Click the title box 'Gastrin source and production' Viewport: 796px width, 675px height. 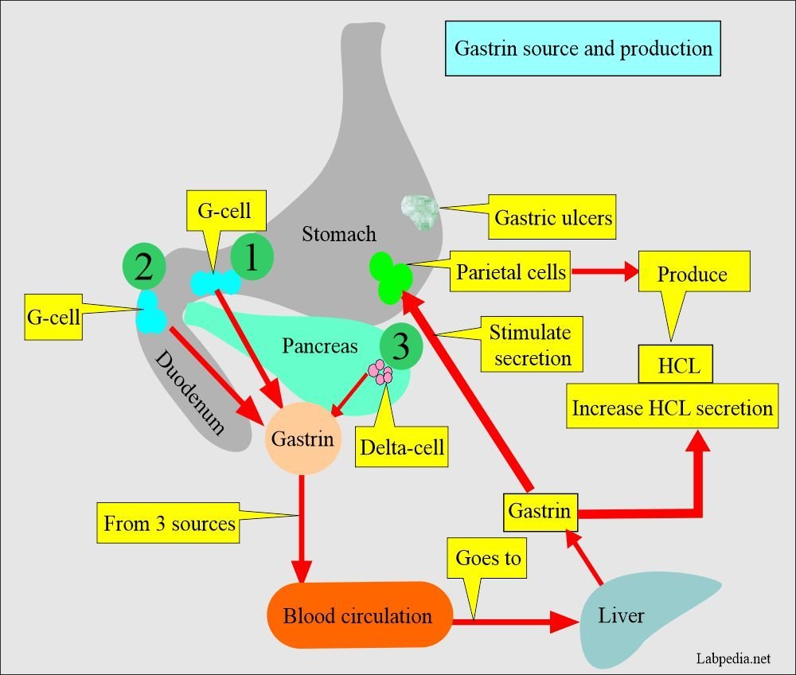click(x=583, y=49)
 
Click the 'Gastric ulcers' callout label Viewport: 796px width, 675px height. click(x=553, y=217)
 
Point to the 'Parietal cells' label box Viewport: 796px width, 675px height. click(x=511, y=272)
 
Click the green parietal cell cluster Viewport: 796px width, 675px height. click(x=391, y=275)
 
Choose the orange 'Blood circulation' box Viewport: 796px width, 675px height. click(x=357, y=615)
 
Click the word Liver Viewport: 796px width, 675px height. click(x=621, y=615)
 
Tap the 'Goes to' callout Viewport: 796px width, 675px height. click(x=488, y=558)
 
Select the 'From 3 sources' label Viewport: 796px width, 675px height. click(x=169, y=523)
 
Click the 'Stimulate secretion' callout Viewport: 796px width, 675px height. click(x=532, y=345)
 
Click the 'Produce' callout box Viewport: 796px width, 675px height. click(x=692, y=274)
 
